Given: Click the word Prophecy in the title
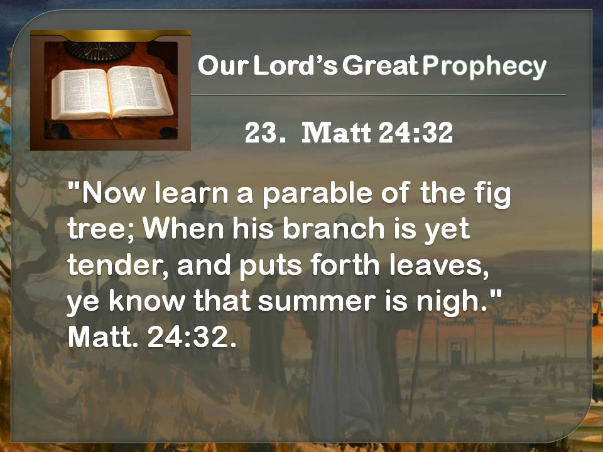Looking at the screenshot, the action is [x=484, y=67].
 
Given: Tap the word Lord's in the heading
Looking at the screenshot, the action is [x=295, y=65].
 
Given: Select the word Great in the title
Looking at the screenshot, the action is [x=381, y=65].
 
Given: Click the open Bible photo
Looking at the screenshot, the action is [x=111, y=90].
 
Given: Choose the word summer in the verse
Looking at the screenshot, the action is [x=317, y=302].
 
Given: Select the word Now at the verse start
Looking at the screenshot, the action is [x=114, y=193].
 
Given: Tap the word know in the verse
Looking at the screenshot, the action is [x=147, y=301].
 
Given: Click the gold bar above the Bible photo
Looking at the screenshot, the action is [x=111, y=35].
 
